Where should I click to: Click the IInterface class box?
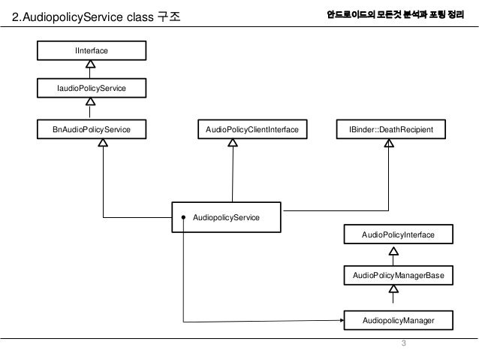click(x=91, y=50)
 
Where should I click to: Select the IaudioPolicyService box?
click(x=91, y=89)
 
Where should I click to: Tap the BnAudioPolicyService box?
click(x=91, y=129)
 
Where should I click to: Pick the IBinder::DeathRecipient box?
click(x=390, y=129)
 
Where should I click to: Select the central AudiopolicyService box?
click(x=226, y=217)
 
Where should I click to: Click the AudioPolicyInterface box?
click(x=398, y=236)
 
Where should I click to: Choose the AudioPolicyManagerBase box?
click(x=398, y=277)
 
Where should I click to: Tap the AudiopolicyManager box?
click(x=398, y=320)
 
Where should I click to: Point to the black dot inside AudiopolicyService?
click(x=182, y=218)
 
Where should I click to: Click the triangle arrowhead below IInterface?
click(x=90, y=64)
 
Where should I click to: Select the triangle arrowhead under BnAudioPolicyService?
click(x=103, y=144)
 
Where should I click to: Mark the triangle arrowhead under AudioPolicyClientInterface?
click(x=232, y=144)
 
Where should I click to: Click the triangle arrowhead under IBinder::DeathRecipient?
click(x=389, y=144)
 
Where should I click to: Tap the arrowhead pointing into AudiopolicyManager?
click(x=339, y=322)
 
